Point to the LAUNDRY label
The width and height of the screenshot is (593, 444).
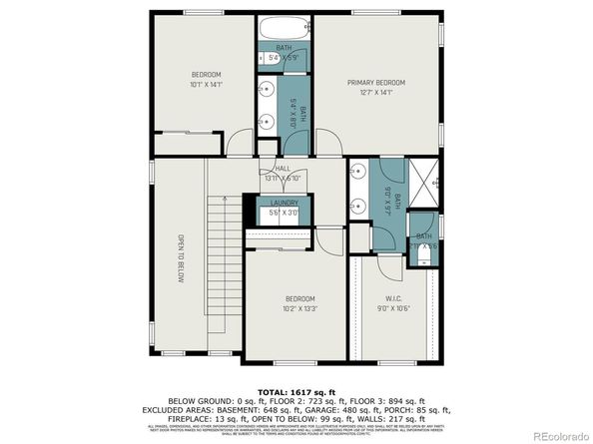pos(284,203)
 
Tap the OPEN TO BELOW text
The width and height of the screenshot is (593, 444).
pos(181,259)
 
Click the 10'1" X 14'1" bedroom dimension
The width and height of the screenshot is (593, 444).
pos(207,86)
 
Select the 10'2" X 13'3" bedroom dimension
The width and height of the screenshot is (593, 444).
pos(299,309)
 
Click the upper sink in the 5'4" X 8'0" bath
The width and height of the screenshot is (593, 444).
pos(267,89)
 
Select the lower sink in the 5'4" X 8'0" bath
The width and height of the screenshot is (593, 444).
pos(267,123)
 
